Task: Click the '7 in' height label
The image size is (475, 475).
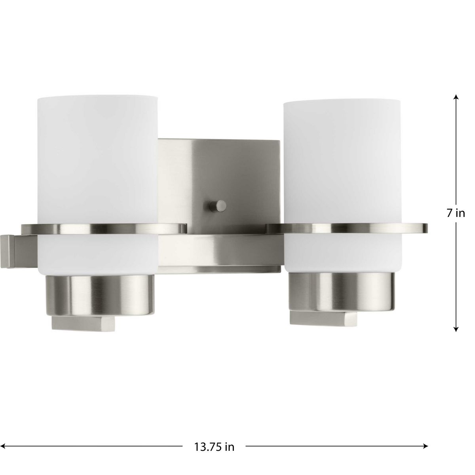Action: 456,213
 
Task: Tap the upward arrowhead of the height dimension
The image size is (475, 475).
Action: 456,97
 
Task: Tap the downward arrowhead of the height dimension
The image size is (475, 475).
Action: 456,329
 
